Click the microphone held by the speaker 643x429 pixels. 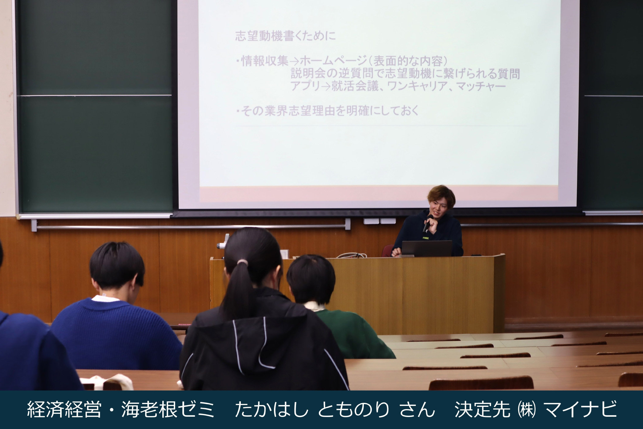pyautogui.click(x=427, y=223)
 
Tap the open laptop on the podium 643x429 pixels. pyautogui.click(x=427, y=248)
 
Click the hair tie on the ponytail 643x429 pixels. pyautogui.click(x=242, y=262)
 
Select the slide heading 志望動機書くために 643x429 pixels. pyautogui.click(x=285, y=36)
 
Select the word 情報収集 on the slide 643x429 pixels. pyautogui.click(x=265, y=61)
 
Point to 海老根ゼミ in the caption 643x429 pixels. pyautogui.click(x=168, y=409)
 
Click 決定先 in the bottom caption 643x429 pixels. pyautogui.click(x=483, y=409)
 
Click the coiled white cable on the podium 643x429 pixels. pyautogui.click(x=352, y=255)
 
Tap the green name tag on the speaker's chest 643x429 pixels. pyautogui.click(x=426, y=237)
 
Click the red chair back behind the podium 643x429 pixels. pyautogui.click(x=387, y=250)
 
